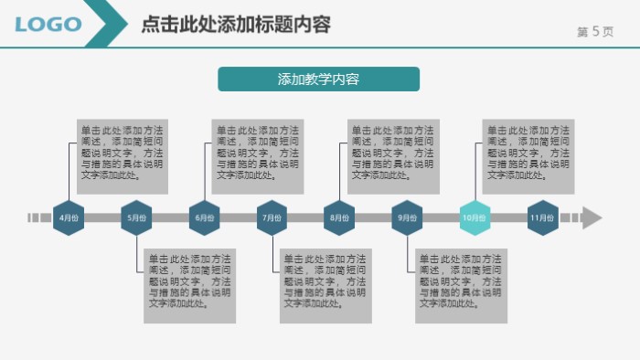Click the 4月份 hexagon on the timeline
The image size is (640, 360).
point(69,217)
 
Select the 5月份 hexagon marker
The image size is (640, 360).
point(136,217)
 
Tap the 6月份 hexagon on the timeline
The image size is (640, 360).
point(204,217)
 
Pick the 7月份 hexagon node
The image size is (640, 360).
point(272,217)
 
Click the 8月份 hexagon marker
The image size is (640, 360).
point(339,217)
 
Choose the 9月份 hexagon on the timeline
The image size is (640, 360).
point(407,217)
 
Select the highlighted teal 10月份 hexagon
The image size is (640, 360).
point(475,217)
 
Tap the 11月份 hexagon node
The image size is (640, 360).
point(542,217)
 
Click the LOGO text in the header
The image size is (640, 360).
point(48,25)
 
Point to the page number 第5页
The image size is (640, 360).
point(595,31)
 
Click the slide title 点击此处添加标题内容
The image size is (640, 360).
point(236,25)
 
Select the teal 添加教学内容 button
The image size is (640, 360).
point(318,79)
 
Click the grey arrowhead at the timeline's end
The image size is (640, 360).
point(592,217)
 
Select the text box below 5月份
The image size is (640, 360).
point(189,285)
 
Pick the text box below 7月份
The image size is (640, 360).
point(325,285)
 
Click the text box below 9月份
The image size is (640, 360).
point(461,285)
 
